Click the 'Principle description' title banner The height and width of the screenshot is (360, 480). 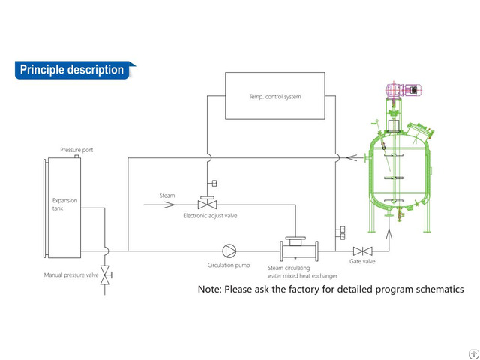coord(73,70)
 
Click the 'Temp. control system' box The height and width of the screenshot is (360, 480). coord(275,96)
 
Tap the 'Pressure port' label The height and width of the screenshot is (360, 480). coord(76,150)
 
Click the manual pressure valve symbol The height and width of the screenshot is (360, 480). coord(106,271)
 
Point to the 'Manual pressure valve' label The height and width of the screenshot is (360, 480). coord(71,275)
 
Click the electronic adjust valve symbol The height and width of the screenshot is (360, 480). coord(207,204)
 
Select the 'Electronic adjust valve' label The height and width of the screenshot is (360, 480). coord(210,216)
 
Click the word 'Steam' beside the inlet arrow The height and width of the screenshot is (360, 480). coord(166,196)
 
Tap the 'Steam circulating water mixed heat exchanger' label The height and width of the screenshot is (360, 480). coord(298,270)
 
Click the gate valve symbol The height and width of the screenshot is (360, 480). coord(364,250)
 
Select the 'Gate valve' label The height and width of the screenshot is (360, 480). coord(362,262)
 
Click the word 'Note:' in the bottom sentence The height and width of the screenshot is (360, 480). coord(212,289)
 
